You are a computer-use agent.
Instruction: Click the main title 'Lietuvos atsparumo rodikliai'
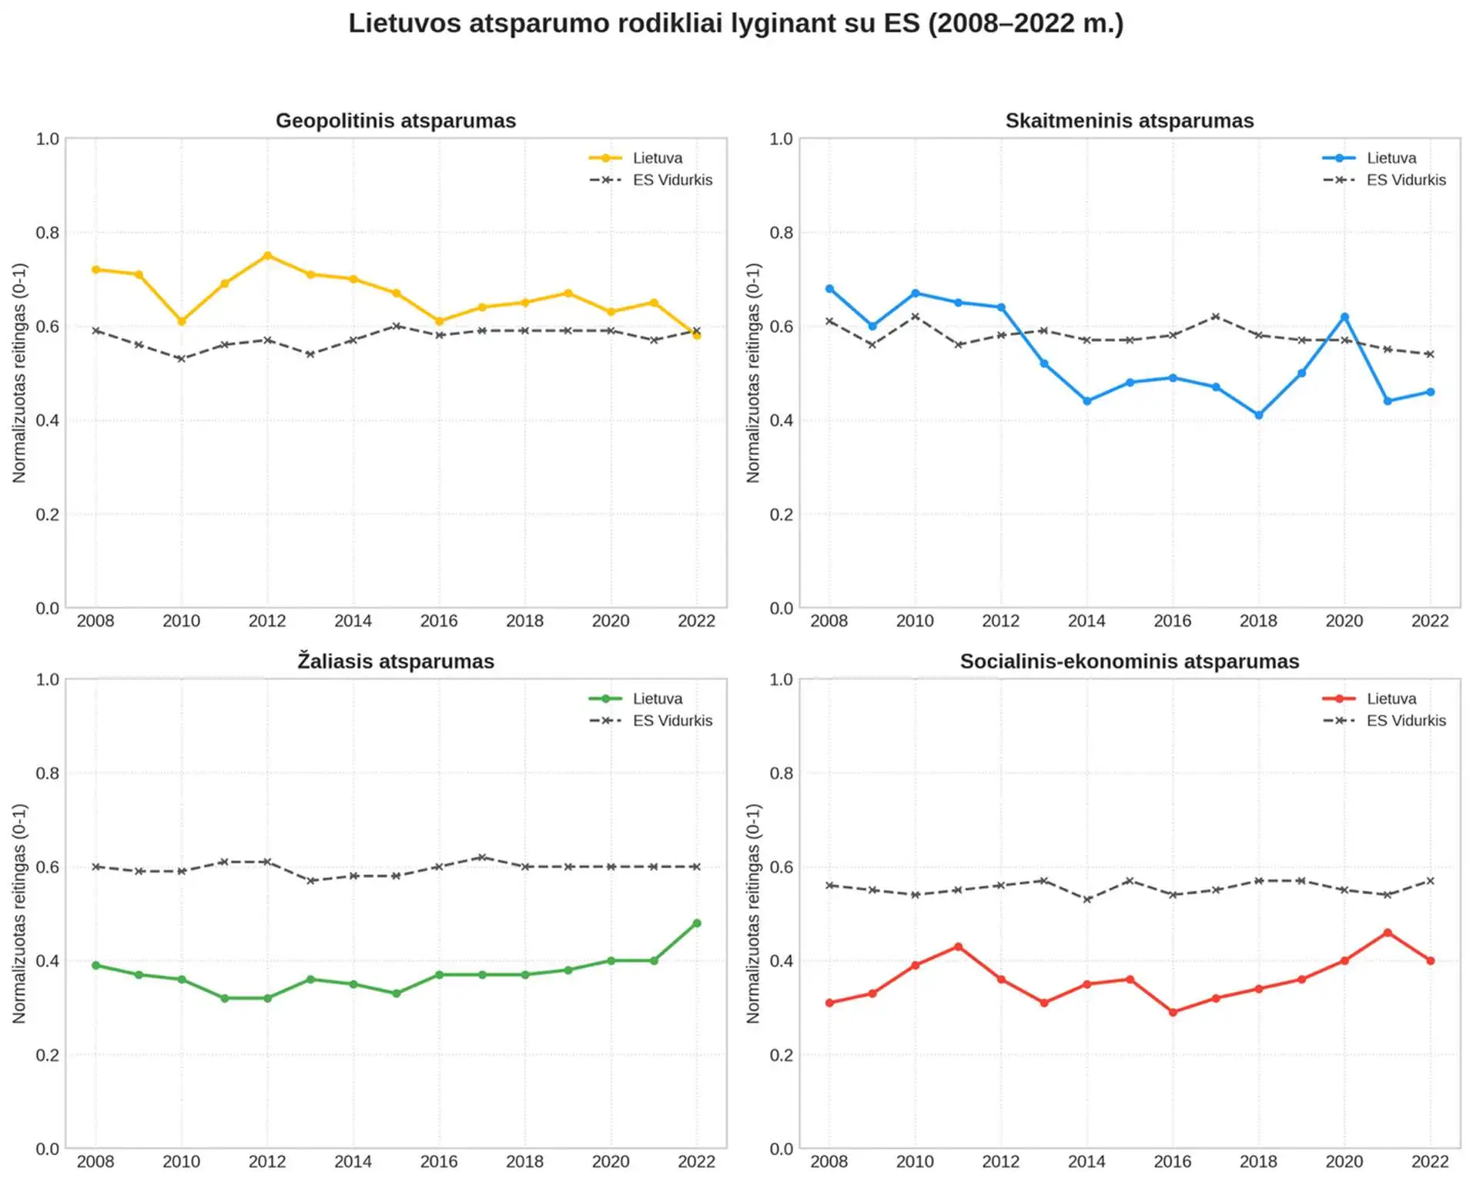735,23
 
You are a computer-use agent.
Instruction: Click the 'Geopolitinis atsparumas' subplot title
396,121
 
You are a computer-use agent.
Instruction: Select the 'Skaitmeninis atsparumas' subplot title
1129,121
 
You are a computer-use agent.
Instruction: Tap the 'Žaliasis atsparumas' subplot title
396,662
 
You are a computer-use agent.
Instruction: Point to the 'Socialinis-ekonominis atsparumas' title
1129,662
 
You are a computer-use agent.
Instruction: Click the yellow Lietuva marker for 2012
267,256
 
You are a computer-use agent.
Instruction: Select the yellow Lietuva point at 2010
182,321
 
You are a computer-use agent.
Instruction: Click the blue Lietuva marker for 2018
1258,415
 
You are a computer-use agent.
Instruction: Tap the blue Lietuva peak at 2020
1344,317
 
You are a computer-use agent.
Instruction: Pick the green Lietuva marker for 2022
696,923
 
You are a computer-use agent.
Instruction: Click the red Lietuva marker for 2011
958,947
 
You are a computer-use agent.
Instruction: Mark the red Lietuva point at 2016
1173,1012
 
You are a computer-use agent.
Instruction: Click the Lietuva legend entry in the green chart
656,699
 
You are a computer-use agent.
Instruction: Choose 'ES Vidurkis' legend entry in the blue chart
1405,180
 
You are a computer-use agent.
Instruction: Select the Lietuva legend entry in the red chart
1391,699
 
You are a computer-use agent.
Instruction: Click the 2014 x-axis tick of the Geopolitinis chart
353,621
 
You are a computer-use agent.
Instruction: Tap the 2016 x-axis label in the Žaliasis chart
439,1161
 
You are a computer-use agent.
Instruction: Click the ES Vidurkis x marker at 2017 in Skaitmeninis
1216,317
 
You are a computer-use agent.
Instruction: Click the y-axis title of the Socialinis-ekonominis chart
753,913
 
